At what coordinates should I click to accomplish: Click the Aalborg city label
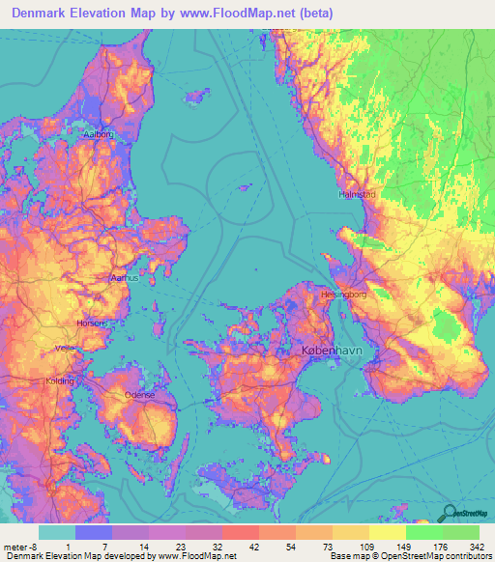tap(100, 134)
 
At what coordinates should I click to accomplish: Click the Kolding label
tap(60, 381)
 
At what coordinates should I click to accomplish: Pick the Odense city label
tap(140, 395)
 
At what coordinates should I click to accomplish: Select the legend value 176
tap(440, 546)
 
